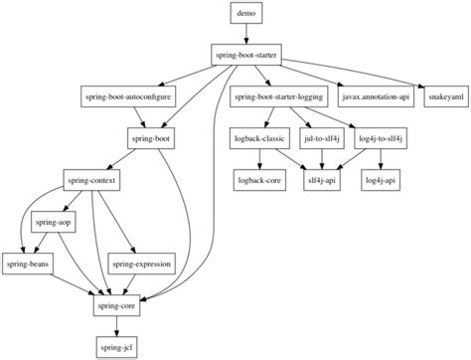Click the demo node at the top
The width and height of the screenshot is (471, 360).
tap(243, 13)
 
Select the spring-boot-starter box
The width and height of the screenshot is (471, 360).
tap(243, 55)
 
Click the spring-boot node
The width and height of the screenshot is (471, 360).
tap(151, 139)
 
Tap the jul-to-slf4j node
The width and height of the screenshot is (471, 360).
tap(324, 139)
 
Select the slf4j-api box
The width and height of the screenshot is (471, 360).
tap(324, 181)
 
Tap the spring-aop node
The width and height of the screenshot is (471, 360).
tap(55, 223)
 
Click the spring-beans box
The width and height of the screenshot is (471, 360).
tap(30, 266)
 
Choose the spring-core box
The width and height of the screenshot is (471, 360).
tap(118, 307)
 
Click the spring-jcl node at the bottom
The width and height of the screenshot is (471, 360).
tap(118, 348)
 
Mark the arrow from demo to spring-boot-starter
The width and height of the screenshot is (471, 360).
tap(243, 34)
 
